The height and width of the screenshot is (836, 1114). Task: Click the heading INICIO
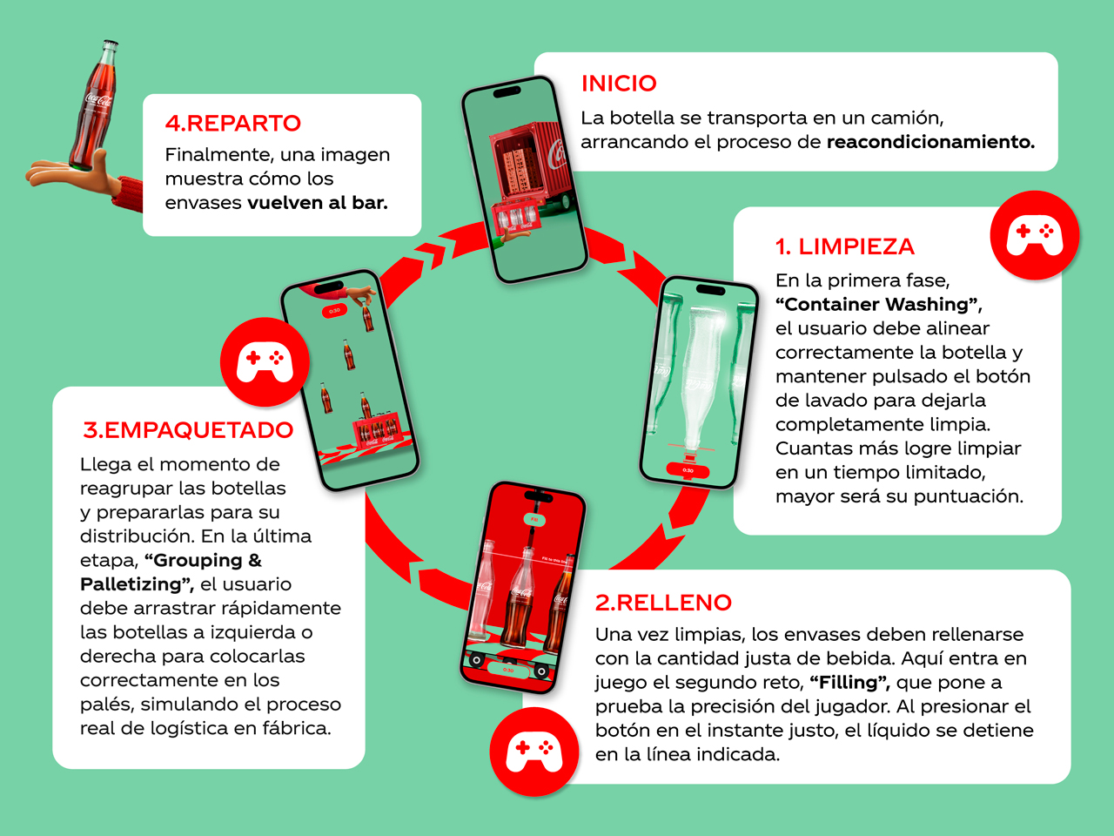pos(619,84)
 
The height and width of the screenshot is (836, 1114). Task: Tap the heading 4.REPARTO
pos(233,124)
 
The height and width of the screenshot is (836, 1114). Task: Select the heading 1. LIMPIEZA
pos(844,247)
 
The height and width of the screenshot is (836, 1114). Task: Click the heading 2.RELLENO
pos(663,603)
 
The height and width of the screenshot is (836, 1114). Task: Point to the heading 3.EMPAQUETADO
pos(188,430)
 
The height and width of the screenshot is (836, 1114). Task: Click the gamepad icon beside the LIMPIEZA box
pos(1034,235)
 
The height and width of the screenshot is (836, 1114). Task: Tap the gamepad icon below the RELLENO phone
pos(534,752)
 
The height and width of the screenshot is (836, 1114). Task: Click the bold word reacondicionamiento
pos(929,142)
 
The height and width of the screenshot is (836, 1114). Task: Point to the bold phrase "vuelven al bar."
pos(318,203)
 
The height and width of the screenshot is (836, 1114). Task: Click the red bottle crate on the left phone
pos(376,429)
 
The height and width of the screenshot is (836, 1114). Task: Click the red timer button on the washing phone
pos(687,470)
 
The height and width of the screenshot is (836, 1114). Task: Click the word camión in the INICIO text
pos(908,118)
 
